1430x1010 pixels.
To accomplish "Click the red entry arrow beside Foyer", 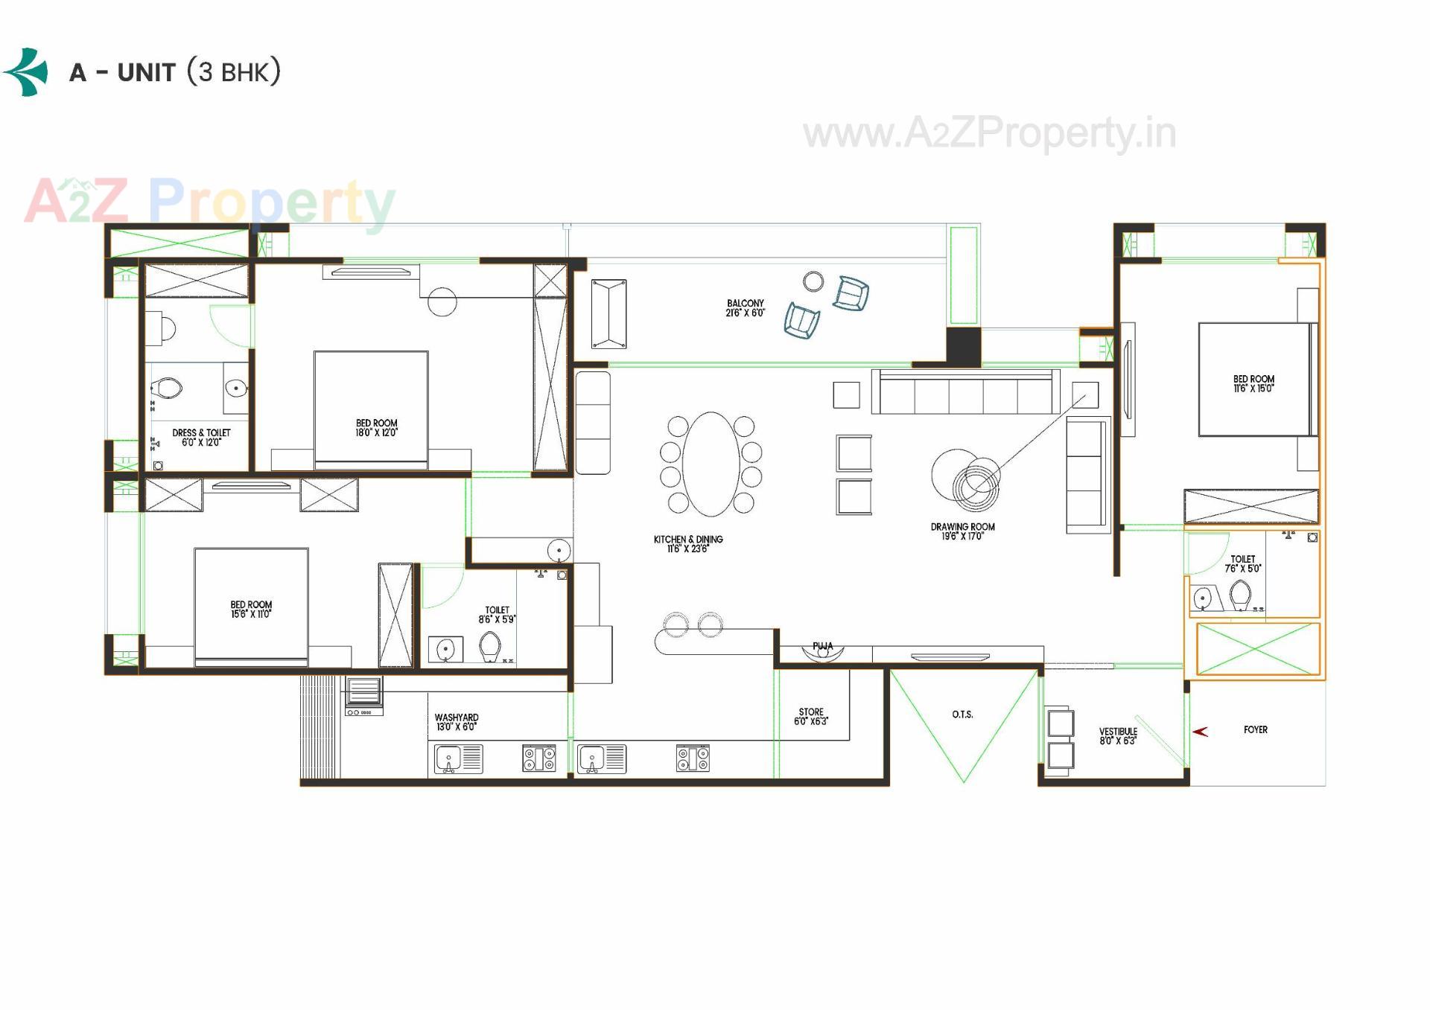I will [x=1200, y=732].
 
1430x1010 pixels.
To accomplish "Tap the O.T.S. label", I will [x=962, y=715].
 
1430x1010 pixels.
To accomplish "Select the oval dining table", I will [x=711, y=464].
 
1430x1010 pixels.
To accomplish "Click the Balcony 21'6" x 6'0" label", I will [x=745, y=308].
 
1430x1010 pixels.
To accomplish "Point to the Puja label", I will [x=823, y=646].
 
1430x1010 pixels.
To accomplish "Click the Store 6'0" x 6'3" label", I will [x=810, y=717].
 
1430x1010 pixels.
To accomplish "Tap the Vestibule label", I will [x=1118, y=736].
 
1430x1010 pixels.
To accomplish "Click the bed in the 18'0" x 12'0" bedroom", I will [x=371, y=410].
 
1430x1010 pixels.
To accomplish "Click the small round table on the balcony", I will [x=813, y=281].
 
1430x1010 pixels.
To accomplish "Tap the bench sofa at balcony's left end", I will [x=608, y=314].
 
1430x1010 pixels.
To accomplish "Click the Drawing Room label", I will [x=962, y=531].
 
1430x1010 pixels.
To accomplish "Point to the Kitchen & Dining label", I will [x=688, y=543].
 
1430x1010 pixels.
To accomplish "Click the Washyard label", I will [x=456, y=722].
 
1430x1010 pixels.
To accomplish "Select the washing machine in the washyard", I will [x=363, y=695].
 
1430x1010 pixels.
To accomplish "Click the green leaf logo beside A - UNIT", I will [x=27, y=72].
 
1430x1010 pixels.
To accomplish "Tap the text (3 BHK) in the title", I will [x=234, y=71].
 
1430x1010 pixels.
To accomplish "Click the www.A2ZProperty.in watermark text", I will [x=989, y=134].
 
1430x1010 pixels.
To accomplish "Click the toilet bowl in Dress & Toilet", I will [x=167, y=389].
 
